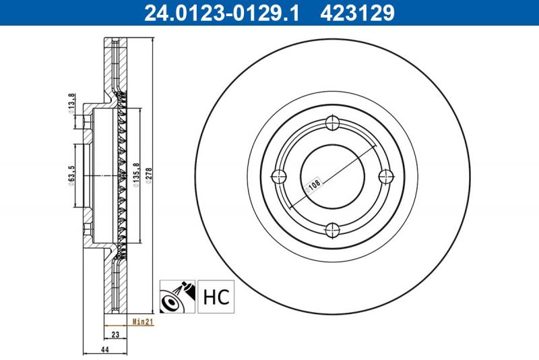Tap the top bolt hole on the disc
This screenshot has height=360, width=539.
[332, 123]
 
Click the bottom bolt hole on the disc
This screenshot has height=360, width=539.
[332, 231]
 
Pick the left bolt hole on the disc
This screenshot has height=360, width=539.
[278, 177]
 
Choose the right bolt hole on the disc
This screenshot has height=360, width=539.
[386, 177]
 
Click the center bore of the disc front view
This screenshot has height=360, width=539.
[332, 177]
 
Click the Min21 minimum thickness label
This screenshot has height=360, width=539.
[144, 323]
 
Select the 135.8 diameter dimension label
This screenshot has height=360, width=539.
[137, 173]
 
